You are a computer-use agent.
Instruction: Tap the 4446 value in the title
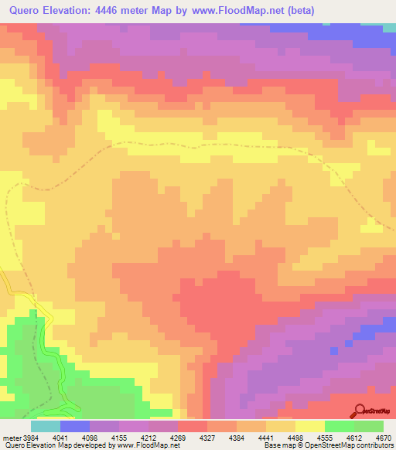click(x=124, y=10)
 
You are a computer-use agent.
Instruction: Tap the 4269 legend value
click(x=186, y=437)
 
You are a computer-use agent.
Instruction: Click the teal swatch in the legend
click(x=46, y=426)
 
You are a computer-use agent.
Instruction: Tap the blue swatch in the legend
click(x=75, y=426)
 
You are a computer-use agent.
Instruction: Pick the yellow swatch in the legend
click(x=310, y=426)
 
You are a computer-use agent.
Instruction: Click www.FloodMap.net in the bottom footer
click(x=147, y=446)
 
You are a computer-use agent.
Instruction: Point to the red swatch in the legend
click(x=193, y=426)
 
